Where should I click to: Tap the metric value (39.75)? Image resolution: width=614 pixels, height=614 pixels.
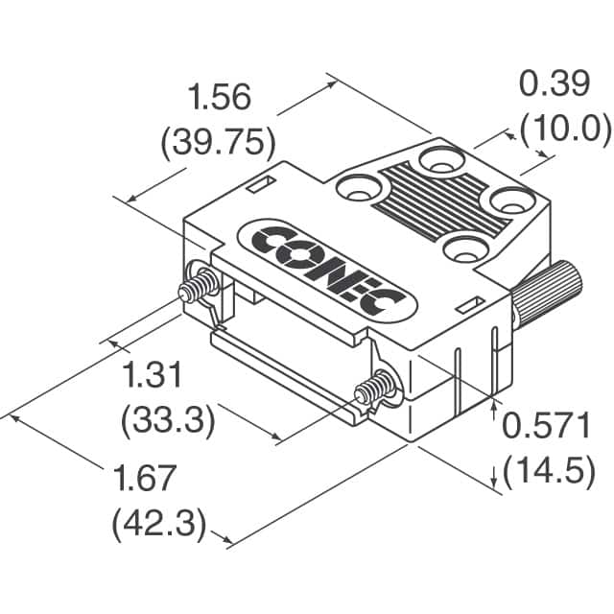coord(218,143)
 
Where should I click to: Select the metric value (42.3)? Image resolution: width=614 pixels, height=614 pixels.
coord(159,524)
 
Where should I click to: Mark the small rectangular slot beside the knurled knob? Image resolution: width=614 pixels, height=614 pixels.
coord(469,305)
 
